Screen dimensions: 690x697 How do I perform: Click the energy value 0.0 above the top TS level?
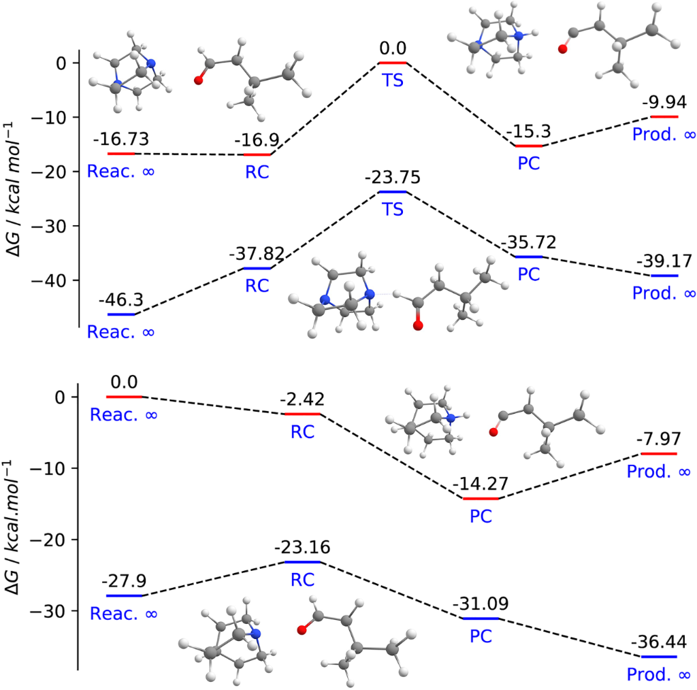pos(392,49)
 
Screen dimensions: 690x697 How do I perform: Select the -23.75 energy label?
pos(392,178)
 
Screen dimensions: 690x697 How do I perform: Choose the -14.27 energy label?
pos(481,484)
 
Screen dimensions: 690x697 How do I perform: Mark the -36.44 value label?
pos(659,642)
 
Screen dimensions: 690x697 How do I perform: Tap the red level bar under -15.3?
pos(528,146)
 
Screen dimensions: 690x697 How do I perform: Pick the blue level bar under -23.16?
pos(302,562)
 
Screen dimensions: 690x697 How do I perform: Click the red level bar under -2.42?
pos(302,414)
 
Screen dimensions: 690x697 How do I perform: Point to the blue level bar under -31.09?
pos(480,619)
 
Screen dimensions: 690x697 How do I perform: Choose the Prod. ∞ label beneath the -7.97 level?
pos(659,471)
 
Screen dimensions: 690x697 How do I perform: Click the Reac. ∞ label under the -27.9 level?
pos(124,613)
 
